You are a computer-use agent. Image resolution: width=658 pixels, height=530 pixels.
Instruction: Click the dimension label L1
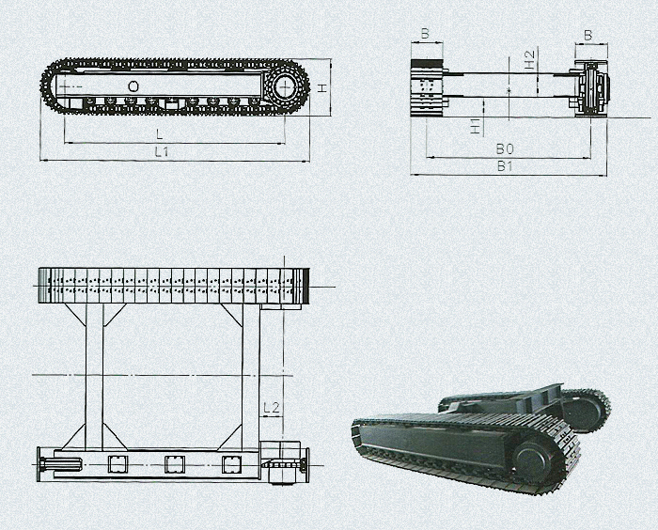(162, 152)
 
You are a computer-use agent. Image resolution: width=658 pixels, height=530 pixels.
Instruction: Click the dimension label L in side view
(159, 134)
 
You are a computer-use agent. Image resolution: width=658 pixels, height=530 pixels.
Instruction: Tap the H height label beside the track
(321, 88)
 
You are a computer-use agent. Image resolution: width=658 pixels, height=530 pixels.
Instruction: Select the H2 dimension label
(530, 59)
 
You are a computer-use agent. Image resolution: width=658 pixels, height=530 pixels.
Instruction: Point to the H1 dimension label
(476, 126)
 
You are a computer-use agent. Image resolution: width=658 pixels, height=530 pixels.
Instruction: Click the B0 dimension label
(505, 149)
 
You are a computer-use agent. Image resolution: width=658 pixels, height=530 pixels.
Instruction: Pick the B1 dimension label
(505, 166)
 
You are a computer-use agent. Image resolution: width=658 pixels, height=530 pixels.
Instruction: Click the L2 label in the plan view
(272, 408)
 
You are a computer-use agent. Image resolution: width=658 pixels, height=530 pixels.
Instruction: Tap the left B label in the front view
(425, 33)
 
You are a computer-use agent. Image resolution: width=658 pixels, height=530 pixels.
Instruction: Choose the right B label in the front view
(587, 36)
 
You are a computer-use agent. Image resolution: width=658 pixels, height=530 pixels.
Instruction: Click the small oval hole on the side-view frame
(133, 86)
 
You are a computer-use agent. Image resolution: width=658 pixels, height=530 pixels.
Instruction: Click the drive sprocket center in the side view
(286, 87)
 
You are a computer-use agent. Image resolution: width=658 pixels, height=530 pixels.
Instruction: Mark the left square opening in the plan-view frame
(117, 464)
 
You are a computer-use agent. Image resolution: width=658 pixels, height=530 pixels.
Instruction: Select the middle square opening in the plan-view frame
(175, 464)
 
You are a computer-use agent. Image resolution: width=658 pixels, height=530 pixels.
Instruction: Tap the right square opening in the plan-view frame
(231, 464)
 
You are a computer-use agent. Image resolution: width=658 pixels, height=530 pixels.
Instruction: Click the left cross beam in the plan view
(94, 377)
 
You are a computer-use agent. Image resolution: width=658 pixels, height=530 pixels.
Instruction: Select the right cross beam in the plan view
(251, 377)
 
